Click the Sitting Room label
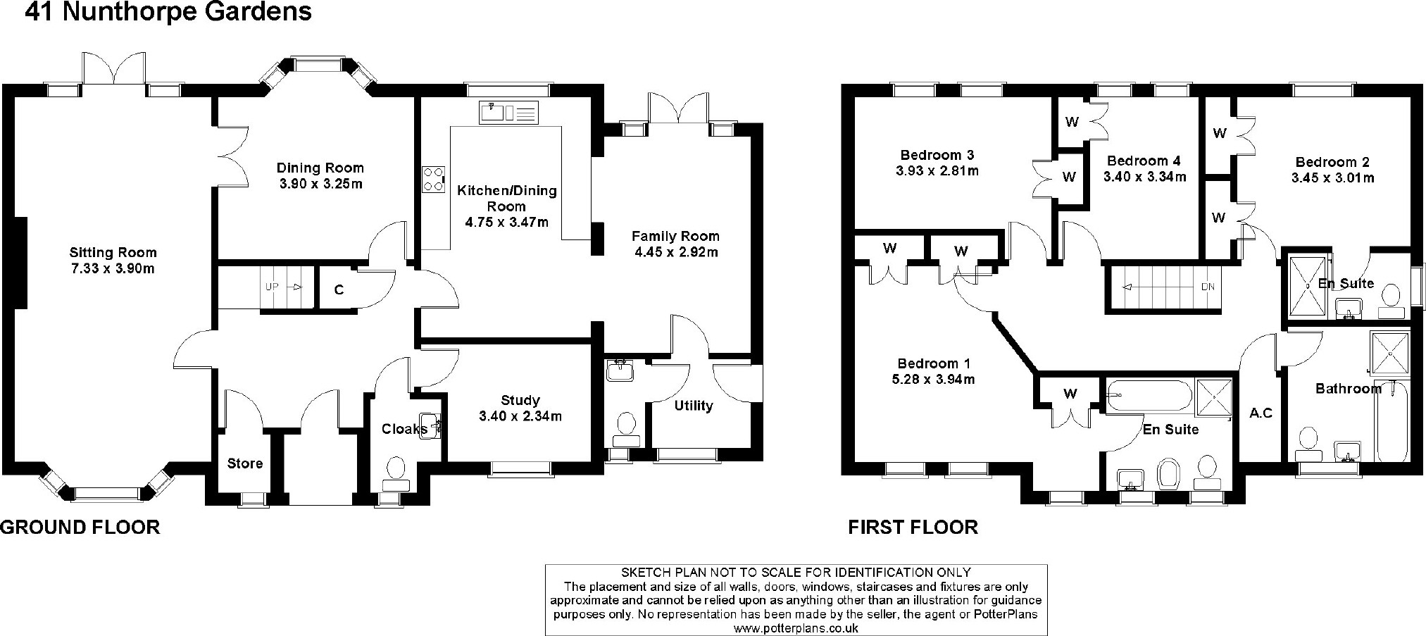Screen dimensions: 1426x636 pyautogui.click(x=113, y=252)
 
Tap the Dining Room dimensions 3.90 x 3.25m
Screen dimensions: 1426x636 pyautogui.click(x=320, y=184)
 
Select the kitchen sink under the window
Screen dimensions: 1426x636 pyautogui.click(x=508, y=112)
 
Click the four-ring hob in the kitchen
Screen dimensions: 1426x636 pyautogui.click(x=434, y=179)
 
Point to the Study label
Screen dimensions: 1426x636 pyautogui.click(x=520, y=400)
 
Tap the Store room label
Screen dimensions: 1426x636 pyautogui.click(x=245, y=463)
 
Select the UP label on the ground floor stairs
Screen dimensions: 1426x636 pyautogui.click(x=272, y=287)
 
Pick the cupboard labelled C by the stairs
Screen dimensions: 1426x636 pyautogui.click(x=339, y=289)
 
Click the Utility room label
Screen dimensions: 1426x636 pyautogui.click(x=694, y=406)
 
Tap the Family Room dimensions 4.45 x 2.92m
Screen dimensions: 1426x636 pyautogui.click(x=675, y=252)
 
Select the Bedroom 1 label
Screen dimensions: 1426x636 pyautogui.click(x=934, y=363)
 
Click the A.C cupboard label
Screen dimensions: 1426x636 pyautogui.click(x=1261, y=413)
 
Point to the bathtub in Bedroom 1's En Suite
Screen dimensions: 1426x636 pyautogui.click(x=1149, y=396)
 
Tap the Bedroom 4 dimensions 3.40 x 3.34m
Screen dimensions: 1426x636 pyautogui.click(x=1144, y=177)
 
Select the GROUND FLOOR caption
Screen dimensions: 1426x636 pyautogui.click(x=80, y=527)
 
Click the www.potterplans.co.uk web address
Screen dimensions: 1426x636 pyautogui.click(x=796, y=628)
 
